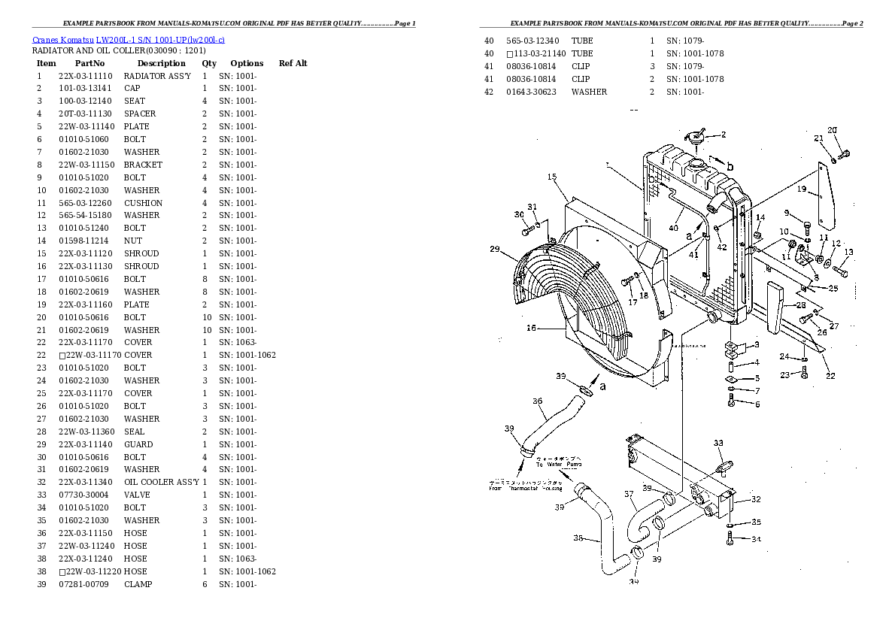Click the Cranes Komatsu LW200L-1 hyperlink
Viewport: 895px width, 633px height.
(x=128, y=38)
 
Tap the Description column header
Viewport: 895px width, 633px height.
(x=161, y=63)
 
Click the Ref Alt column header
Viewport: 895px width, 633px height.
(x=293, y=63)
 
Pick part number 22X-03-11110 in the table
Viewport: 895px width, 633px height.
(x=85, y=76)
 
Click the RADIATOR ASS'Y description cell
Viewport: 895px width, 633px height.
(x=157, y=76)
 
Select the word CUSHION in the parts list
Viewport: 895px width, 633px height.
(x=143, y=203)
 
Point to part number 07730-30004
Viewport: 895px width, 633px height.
(x=83, y=495)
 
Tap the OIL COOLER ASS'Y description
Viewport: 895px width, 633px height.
(x=162, y=482)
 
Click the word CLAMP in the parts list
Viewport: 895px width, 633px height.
(x=138, y=584)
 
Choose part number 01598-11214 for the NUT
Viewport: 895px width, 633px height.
(x=83, y=241)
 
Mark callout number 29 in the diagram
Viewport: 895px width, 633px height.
(x=494, y=250)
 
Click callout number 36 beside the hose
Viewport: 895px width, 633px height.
(x=537, y=401)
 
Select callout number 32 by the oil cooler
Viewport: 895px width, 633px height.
(x=756, y=499)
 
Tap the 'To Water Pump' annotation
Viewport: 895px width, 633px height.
(x=564, y=465)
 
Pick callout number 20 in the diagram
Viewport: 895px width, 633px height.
(x=832, y=130)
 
